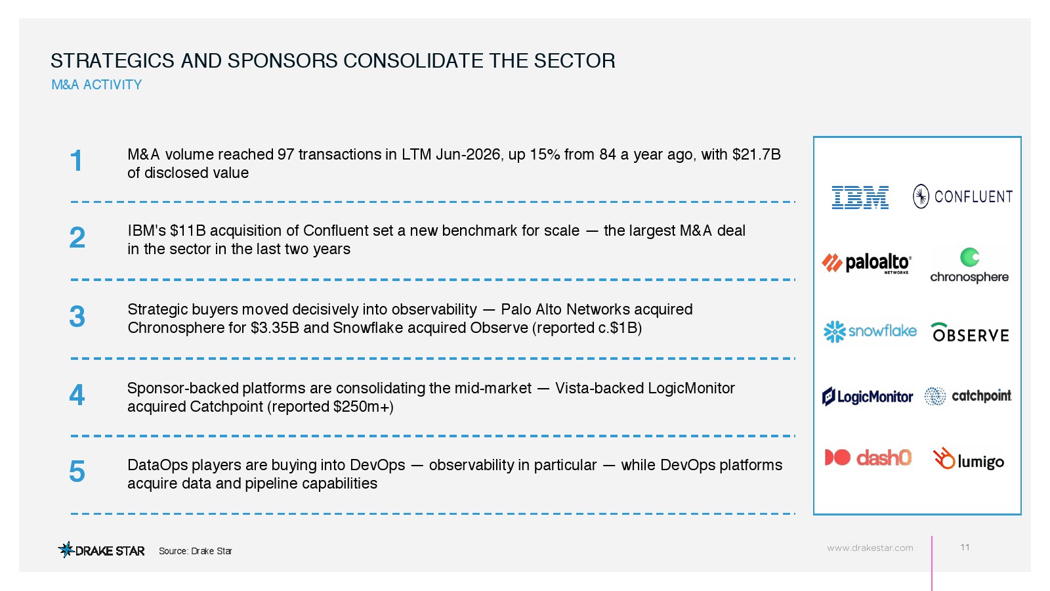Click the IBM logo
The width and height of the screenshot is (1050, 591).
click(x=860, y=197)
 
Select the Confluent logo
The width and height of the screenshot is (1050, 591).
click(x=963, y=196)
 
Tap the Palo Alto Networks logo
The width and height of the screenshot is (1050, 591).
click(x=867, y=263)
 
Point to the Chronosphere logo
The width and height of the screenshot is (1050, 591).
click(x=969, y=265)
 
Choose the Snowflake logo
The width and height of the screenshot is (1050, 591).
click(x=870, y=332)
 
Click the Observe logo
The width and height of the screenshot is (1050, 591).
click(x=970, y=332)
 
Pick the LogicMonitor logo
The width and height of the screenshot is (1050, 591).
click(x=868, y=397)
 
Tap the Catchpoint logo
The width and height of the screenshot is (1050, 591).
click(x=968, y=397)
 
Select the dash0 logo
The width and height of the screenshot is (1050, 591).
click(x=868, y=458)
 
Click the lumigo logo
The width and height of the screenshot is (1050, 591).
click(x=969, y=459)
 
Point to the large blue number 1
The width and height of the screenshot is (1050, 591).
click(x=76, y=161)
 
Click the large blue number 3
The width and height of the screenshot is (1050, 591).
click(x=77, y=317)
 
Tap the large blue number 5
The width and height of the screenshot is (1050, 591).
click(x=77, y=471)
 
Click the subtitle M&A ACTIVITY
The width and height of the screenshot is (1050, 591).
click(x=96, y=85)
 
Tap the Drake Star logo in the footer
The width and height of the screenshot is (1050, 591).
click(x=101, y=550)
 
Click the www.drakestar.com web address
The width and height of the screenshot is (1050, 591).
click(x=870, y=548)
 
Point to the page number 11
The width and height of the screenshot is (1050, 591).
click(x=965, y=548)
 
